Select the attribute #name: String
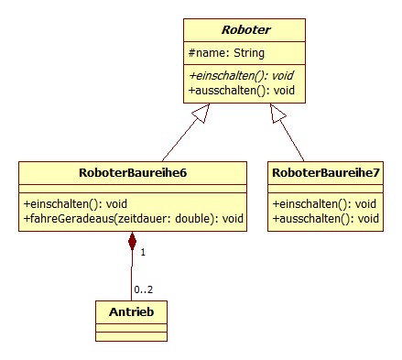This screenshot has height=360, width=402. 224,53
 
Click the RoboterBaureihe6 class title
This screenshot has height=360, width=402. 133,172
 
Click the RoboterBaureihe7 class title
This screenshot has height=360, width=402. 325,172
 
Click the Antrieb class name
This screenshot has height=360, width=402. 132,311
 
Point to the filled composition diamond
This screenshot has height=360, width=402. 133,242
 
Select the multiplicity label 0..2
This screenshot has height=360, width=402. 145,289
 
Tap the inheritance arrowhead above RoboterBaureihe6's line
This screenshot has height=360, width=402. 207,112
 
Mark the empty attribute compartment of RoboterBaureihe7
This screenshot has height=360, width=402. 325,189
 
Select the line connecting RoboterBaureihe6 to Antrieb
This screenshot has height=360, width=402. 133,275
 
